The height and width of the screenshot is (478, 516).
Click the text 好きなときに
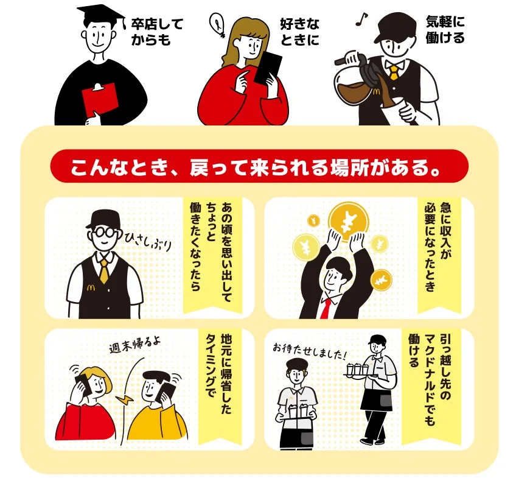[299, 32]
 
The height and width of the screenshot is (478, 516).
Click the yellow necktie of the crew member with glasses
[104, 272]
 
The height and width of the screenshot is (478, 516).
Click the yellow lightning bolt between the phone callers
[125, 400]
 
